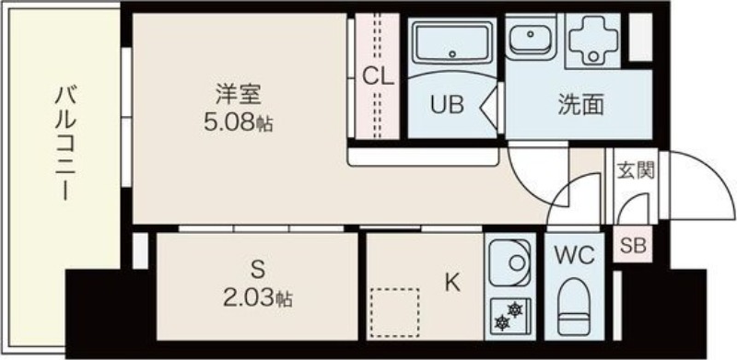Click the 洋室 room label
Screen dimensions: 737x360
pyautogui.click(x=239, y=95)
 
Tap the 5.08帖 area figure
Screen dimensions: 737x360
pyautogui.click(x=239, y=122)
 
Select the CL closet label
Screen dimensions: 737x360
pyautogui.click(x=377, y=76)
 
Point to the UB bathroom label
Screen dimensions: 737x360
pyautogui.click(x=447, y=104)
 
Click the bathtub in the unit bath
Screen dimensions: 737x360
pyautogui.click(x=452, y=43)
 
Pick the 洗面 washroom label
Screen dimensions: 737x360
pyautogui.click(x=580, y=104)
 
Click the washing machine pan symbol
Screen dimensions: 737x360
pyautogui.click(x=593, y=40)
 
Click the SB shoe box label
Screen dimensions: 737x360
pyautogui.click(x=633, y=245)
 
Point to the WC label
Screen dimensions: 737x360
pyautogui.click(x=574, y=256)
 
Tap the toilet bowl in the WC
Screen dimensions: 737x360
pyautogui.click(x=574, y=305)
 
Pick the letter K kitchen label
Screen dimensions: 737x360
pyautogui.click(x=452, y=283)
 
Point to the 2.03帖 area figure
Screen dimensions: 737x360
pyautogui.click(x=256, y=298)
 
